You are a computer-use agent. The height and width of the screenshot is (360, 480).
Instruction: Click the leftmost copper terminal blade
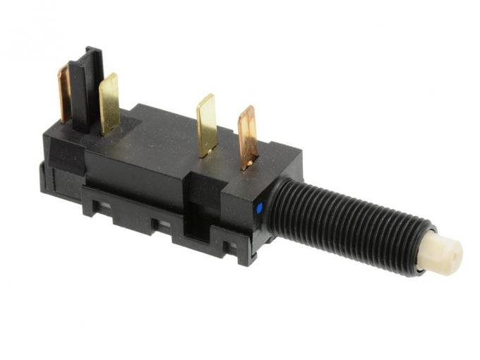pyautogui.click(x=64, y=92)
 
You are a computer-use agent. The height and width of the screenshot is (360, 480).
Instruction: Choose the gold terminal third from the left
pyautogui.click(x=206, y=124)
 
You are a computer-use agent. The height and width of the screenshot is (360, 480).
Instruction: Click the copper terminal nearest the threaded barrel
pyautogui.click(x=247, y=137)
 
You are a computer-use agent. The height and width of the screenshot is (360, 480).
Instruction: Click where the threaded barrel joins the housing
pyautogui.click(x=275, y=205)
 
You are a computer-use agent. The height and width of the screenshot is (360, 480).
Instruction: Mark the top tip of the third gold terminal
pyautogui.click(x=205, y=97)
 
